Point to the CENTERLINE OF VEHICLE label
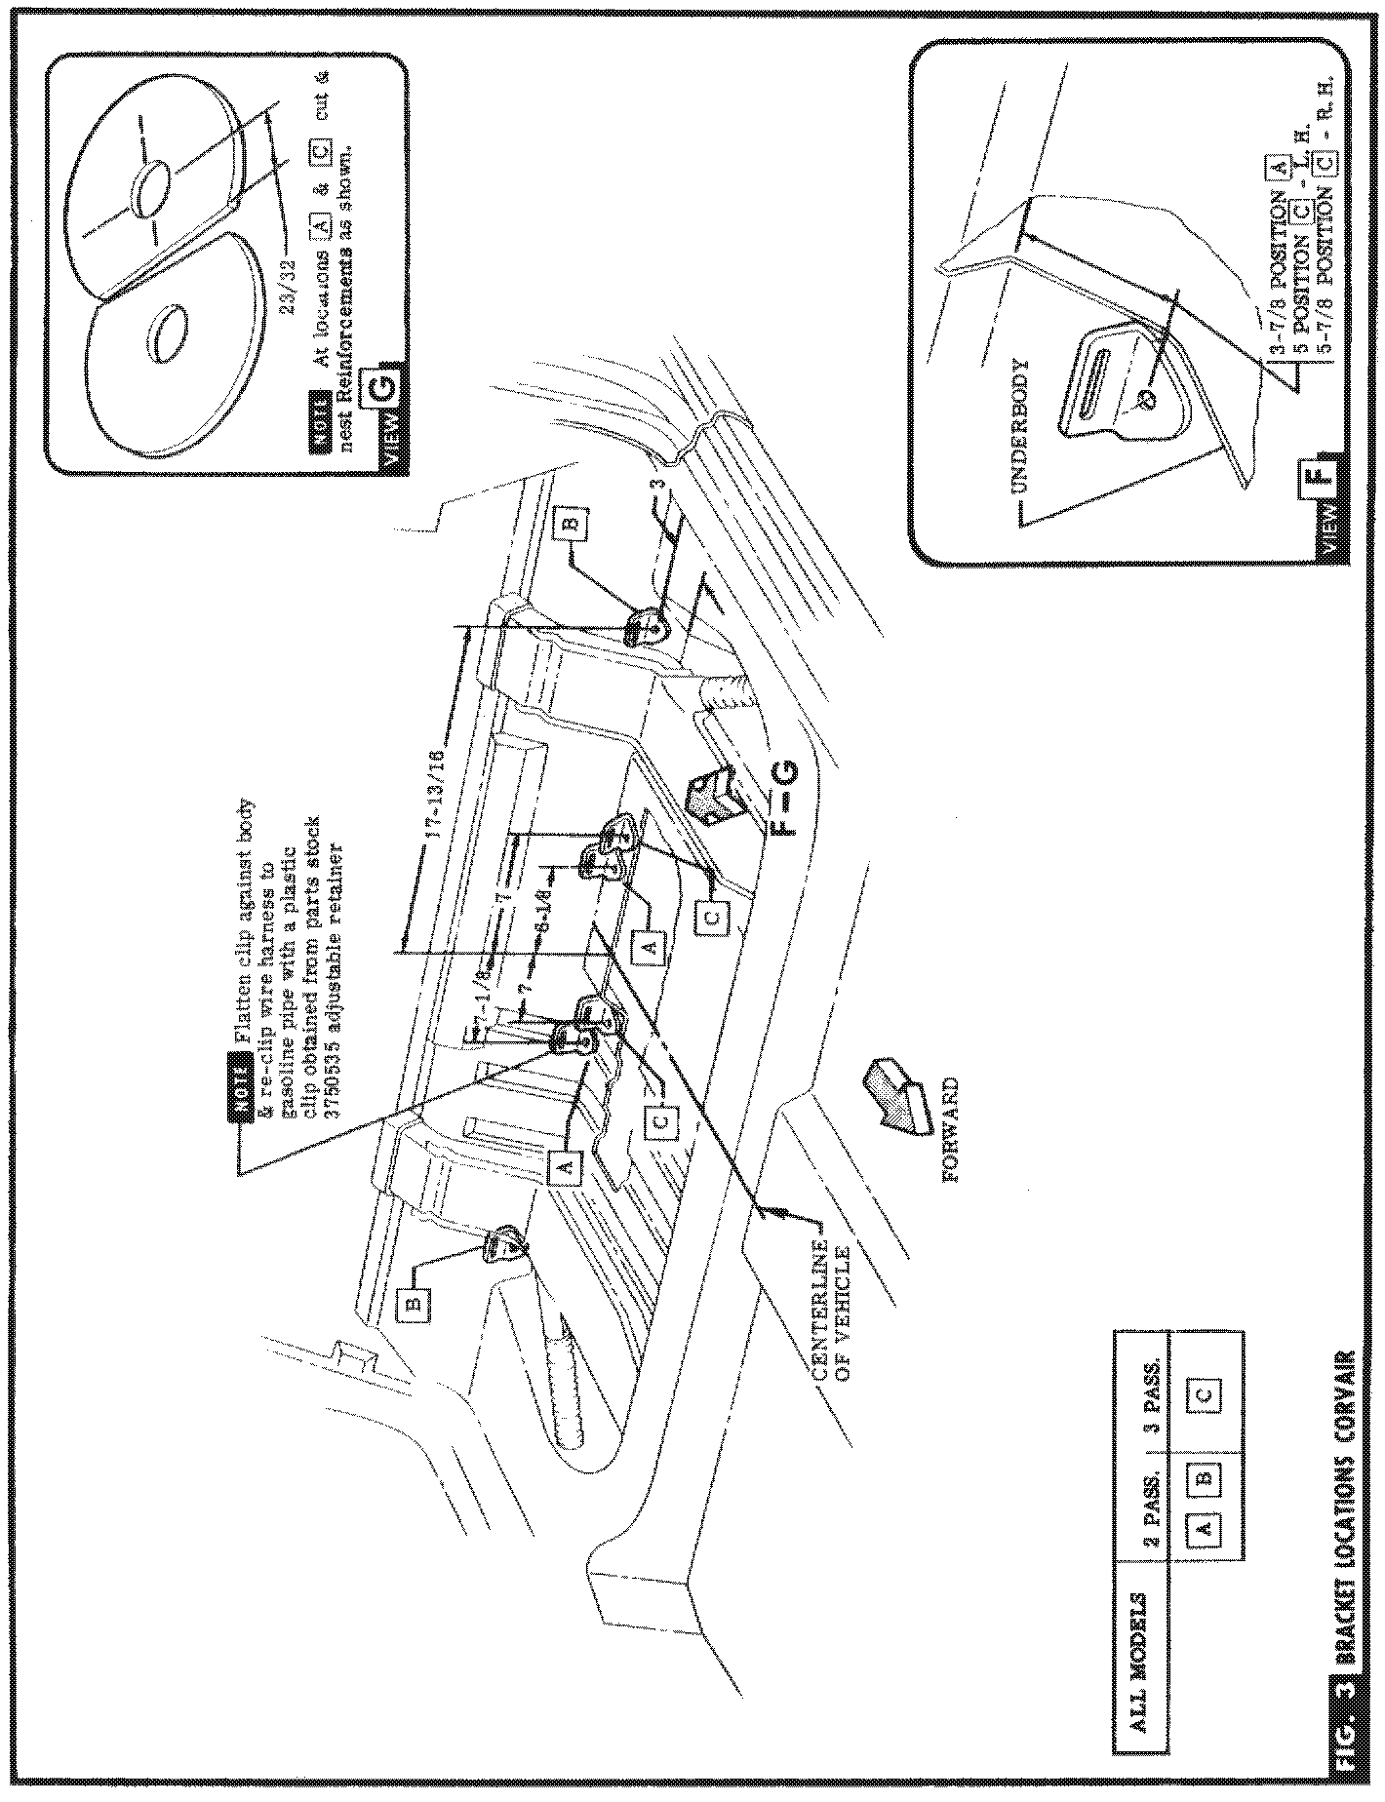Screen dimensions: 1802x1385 [831, 1309]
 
